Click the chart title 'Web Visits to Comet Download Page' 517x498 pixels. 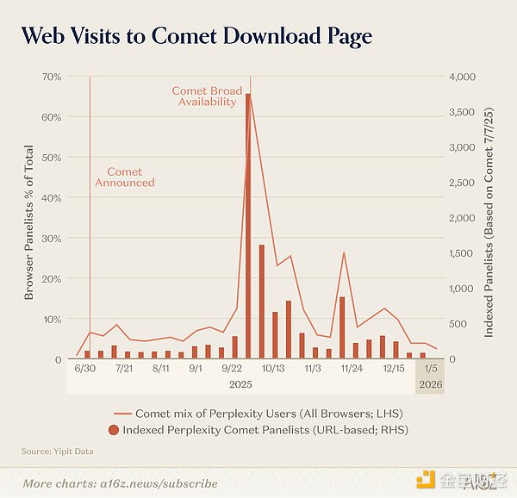pyautogui.click(x=196, y=35)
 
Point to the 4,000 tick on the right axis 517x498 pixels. pyautogui.click(x=462, y=77)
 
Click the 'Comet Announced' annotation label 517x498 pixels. pyautogui.click(x=125, y=177)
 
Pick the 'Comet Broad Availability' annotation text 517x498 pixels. pyautogui.click(x=207, y=96)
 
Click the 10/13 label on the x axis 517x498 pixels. pyautogui.click(x=273, y=369)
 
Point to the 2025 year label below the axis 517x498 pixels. pyautogui.click(x=240, y=384)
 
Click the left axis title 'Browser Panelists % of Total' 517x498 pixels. pyautogui.click(x=28, y=222)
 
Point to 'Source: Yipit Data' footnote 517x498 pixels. pyautogui.click(x=58, y=451)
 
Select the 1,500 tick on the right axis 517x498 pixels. pyautogui.click(x=462, y=253)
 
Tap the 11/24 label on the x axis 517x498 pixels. pyautogui.click(x=352, y=369)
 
